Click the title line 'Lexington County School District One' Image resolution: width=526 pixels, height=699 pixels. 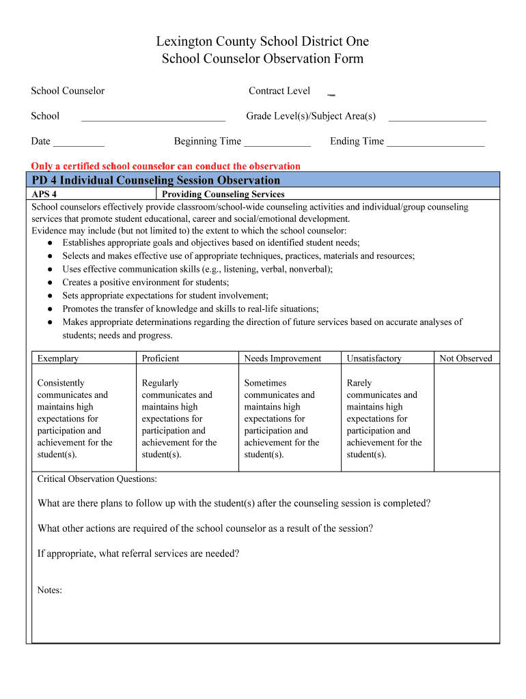(x=262, y=42)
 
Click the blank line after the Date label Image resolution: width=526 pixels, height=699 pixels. (x=79, y=142)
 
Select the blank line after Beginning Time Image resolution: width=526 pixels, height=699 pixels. (x=277, y=142)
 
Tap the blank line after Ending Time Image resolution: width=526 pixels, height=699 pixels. (x=435, y=142)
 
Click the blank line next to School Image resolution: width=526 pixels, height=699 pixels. (x=153, y=117)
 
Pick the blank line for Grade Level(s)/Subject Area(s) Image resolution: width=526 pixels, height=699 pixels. (x=437, y=117)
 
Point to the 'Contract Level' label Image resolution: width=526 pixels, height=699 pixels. (x=279, y=91)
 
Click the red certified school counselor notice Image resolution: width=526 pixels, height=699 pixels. (x=165, y=166)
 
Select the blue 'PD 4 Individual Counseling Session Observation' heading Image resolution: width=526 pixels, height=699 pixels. (x=156, y=180)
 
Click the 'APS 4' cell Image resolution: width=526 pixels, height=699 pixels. (x=44, y=195)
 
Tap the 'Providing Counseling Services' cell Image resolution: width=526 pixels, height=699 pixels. (x=223, y=195)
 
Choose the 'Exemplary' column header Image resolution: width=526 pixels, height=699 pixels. (x=58, y=358)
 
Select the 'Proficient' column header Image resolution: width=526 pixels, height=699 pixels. (x=161, y=358)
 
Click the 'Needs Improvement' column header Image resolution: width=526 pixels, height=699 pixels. (x=283, y=358)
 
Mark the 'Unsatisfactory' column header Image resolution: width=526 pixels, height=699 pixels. (x=374, y=358)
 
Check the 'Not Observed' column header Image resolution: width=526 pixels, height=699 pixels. (x=465, y=358)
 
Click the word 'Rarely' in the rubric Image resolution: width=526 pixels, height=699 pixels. (x=359, y=383)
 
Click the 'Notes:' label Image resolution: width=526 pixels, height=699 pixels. (x=50, y=590)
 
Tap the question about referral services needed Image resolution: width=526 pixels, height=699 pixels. (x=138, y=554)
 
